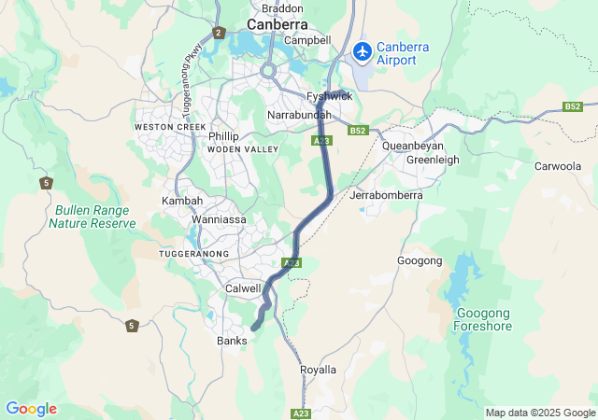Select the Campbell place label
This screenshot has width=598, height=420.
(x=308, y=40)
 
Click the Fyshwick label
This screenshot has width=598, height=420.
(x=330, y=96)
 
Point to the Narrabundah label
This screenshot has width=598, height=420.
(x=299, y=114)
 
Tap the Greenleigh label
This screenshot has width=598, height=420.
(x=433, y=160)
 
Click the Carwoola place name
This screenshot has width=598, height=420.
(x=558, y=166)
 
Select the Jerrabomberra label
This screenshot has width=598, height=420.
(x=386, y=196)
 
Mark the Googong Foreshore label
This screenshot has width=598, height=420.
(x=482, y=319)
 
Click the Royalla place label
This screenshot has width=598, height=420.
(x=318, y=370)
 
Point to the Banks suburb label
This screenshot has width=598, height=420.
(x=232, y=341)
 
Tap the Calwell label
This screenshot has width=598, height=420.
(x=243, y=289)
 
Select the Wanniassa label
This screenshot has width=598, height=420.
(x=219, y=219)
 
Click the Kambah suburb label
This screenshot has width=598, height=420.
(x=181, y=201)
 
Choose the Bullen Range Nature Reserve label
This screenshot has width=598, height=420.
(x=93, y=217)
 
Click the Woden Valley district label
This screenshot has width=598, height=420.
(x=243, y=149)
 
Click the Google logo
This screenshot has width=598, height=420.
(x=31, y=409)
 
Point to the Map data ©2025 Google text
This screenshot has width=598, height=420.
(x=539, y=413)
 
